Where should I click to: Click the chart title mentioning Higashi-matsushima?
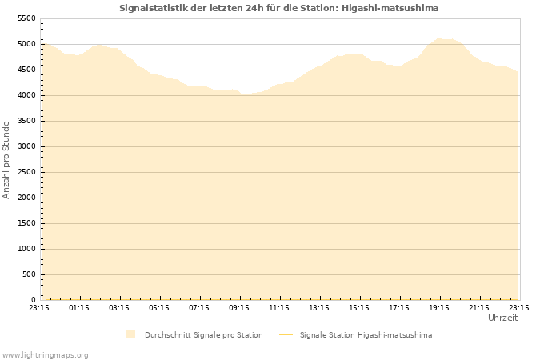[278, 8]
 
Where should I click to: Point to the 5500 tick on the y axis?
[26, 18]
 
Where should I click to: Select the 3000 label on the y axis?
[26, 146]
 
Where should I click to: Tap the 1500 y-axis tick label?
[26, 223]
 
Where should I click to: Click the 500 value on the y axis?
[29, 274]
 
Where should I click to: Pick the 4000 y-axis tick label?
[26, 95]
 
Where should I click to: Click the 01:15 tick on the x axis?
[79, 307]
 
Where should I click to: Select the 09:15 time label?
[239, 307]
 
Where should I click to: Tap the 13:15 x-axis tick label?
[319, 307]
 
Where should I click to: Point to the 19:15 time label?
[439, 307]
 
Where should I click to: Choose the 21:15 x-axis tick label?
[479, 307]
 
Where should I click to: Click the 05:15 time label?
[159, 307]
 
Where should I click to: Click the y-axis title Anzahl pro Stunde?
[6, 159]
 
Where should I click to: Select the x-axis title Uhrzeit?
[502, 318]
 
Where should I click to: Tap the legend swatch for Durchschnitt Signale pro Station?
[130, 334]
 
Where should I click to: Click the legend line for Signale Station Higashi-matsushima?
[286, 334]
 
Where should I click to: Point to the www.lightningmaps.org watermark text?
[45, 354]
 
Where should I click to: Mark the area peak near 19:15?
[438, 38]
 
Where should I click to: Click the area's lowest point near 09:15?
[244, 94]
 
